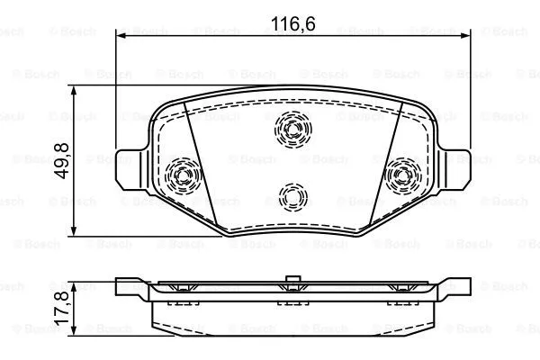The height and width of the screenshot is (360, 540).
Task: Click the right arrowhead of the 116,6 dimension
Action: point(463,36)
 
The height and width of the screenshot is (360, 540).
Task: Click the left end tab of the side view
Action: point(130,288)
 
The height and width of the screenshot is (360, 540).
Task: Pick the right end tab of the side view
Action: point(454,288)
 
